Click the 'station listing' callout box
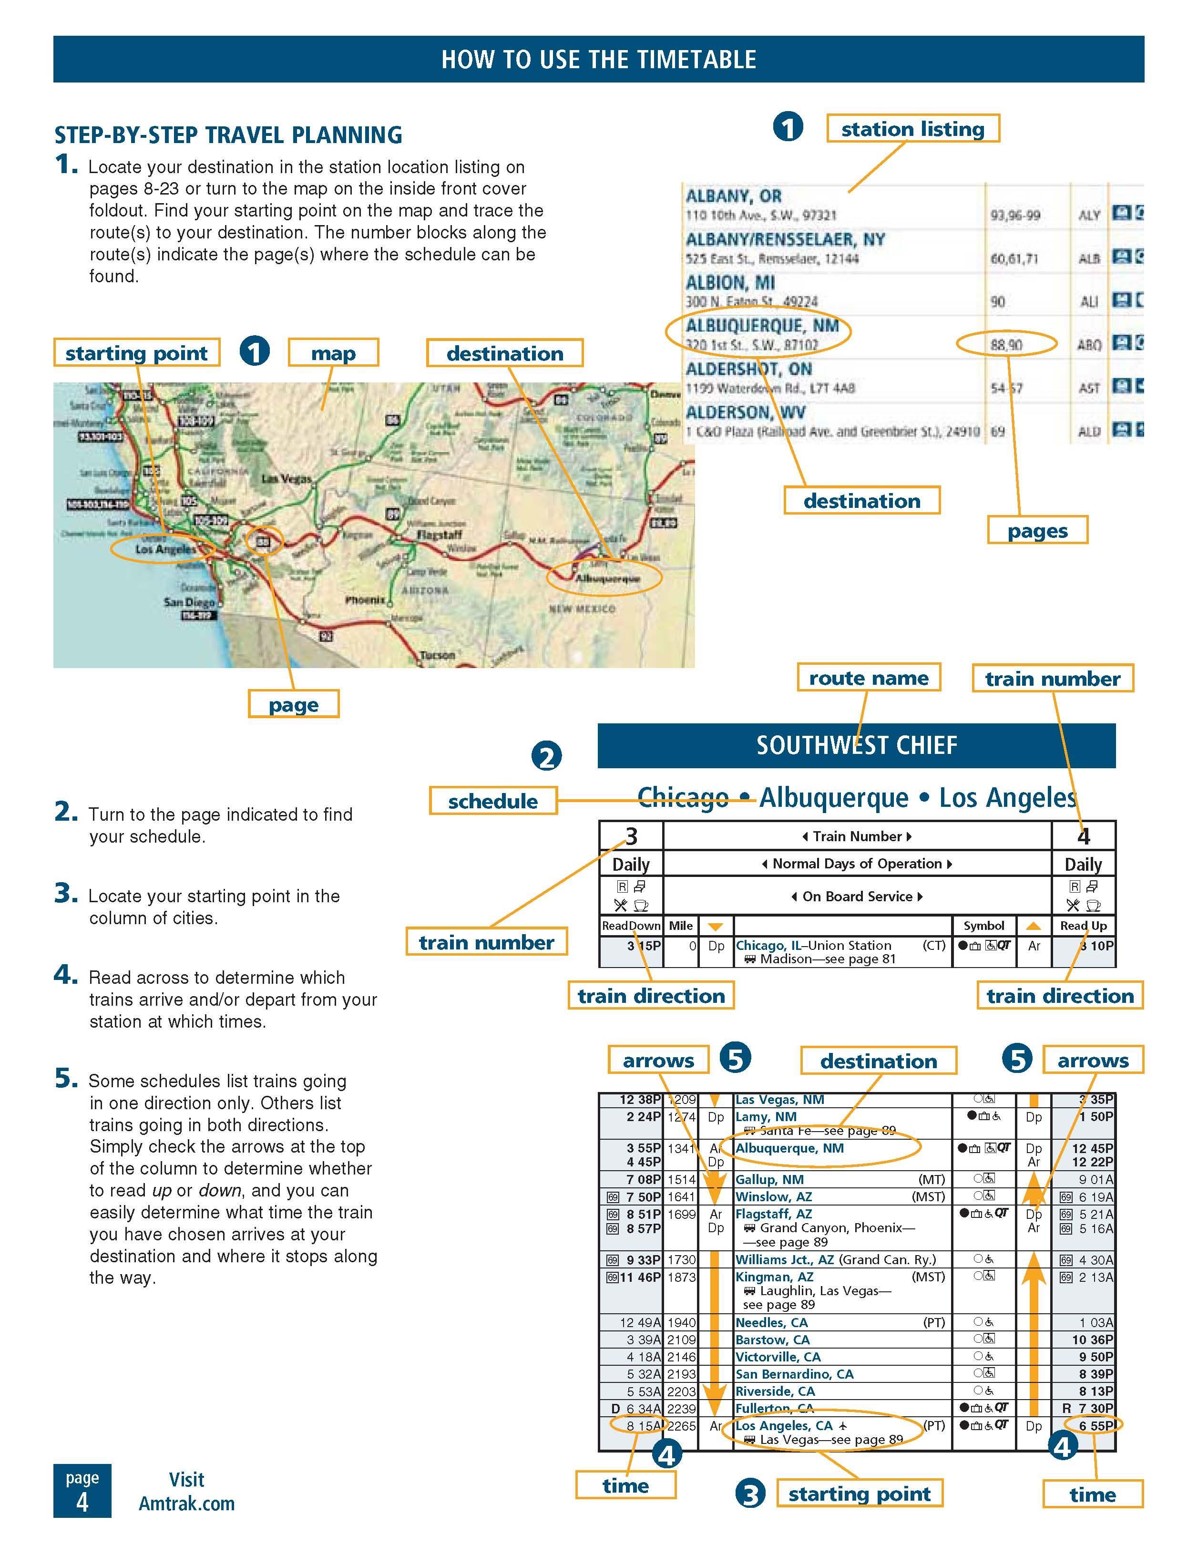[x=912, y=129]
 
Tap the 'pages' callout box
[x=1037, y=531]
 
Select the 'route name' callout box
[x=868, y=678]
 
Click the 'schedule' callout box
[x=493, y=801]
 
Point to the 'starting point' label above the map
[x=136, y=353]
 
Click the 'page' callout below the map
[x=294, y=705]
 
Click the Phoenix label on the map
[x=365, y=600]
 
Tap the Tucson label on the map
[x=437, y=655]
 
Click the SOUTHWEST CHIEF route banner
[x=856, y=745]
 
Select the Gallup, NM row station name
[x=769, y=1179]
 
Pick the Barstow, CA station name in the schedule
[x=772, y=1340]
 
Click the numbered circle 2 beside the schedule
[x=546, y=757]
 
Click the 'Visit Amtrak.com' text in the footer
[x=186, y=1493]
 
